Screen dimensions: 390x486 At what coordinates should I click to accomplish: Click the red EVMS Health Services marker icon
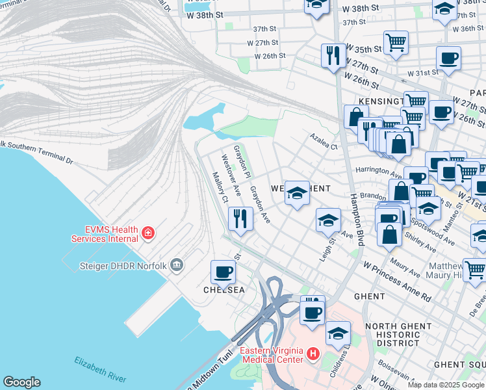[148, 233]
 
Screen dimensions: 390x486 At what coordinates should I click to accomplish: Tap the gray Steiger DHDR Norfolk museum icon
[176, 265]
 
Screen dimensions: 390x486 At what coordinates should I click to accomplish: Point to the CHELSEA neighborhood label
[225, 290]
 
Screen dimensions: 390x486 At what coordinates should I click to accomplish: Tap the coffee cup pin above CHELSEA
[224, 272]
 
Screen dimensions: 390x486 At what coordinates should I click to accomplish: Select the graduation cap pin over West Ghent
[297, 192]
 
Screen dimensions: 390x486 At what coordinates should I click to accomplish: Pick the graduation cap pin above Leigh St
[329, 220]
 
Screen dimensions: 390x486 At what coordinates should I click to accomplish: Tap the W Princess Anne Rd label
[397, 281]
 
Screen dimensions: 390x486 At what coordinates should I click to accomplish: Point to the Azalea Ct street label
[324, 142]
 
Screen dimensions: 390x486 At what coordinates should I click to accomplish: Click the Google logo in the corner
[21, 382]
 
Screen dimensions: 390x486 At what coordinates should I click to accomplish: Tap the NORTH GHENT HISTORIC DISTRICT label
[398, 334]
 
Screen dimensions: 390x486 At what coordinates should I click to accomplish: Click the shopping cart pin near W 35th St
[396, 43]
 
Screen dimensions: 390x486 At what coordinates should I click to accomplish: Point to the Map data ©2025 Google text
[446, 385]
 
